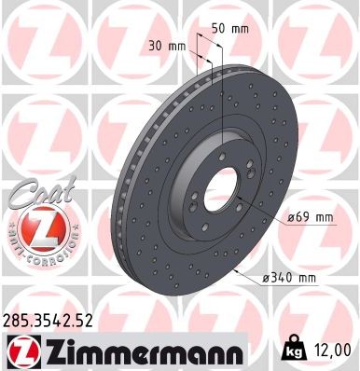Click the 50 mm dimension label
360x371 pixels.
(x=230, y=29)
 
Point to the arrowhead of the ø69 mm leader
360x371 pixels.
(x=259, y=213)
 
